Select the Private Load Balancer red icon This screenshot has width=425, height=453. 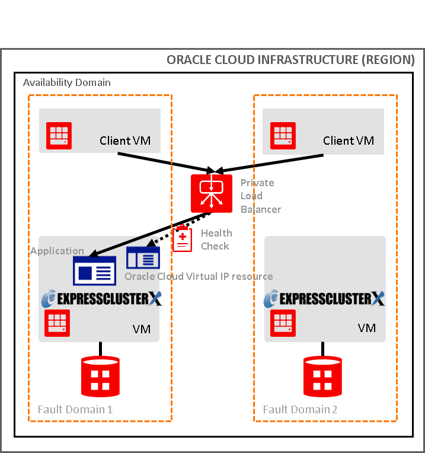tap(212, 193)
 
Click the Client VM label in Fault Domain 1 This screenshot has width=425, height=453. tap(124, 141)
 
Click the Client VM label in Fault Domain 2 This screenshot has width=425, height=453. tap(349, 141)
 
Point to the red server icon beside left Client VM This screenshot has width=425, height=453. tap(59, 136)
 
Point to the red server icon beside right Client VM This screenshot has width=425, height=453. tap(283, 136)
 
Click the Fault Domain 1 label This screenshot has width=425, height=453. tap(75, 409)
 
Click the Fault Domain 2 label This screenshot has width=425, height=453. tap(300, 409)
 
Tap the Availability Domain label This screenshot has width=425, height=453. tap(66, 82)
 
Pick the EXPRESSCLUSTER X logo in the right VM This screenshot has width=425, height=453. tap(324, 298)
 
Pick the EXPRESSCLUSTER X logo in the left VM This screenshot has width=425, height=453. tap(101, 298)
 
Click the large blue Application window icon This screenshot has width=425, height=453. tap(94, 271)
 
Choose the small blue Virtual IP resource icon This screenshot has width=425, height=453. tap(143, 258)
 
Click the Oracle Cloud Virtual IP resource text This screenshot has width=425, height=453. tap(199, 276)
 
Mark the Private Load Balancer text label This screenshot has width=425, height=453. tap(260, 196)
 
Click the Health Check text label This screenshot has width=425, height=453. tap(216, 240)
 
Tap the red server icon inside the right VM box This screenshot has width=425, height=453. tap(283, 323)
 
